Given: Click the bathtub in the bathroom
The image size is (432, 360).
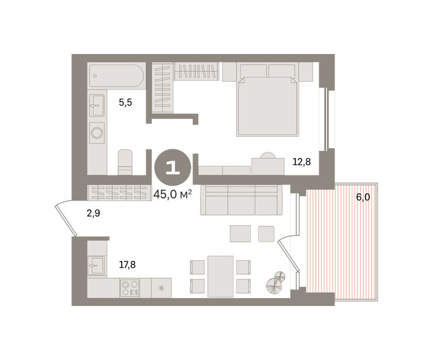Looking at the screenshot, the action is pos(116,76).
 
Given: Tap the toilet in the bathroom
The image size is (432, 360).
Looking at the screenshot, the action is pos(125,162).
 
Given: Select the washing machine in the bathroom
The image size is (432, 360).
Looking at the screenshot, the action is pos(97,133).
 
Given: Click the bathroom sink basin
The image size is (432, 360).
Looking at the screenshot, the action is pos(97,105).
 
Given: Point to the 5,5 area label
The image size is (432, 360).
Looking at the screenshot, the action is pos(125,103).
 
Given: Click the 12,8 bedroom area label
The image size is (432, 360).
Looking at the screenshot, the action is pos(301,161).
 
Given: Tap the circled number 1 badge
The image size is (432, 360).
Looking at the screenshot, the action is pos(173,167).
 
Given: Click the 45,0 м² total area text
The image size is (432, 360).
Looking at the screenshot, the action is pos(172,194).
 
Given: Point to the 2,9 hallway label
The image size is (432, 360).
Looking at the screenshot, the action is pos(94,213).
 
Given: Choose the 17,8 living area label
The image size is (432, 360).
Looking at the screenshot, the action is pos(128,265).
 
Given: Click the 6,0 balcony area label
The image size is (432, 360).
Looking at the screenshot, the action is pos(363,197).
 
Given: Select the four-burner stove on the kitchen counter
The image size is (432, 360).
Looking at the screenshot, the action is pos(130,288).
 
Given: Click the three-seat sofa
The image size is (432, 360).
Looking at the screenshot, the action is pos(241,200).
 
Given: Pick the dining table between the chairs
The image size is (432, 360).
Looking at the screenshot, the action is pos(221,277).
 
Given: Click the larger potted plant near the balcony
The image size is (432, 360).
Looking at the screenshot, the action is pos(275,286).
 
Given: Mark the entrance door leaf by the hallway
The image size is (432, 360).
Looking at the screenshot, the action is pos(66,220).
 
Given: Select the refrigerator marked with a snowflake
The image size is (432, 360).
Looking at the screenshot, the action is pos(161,288).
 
